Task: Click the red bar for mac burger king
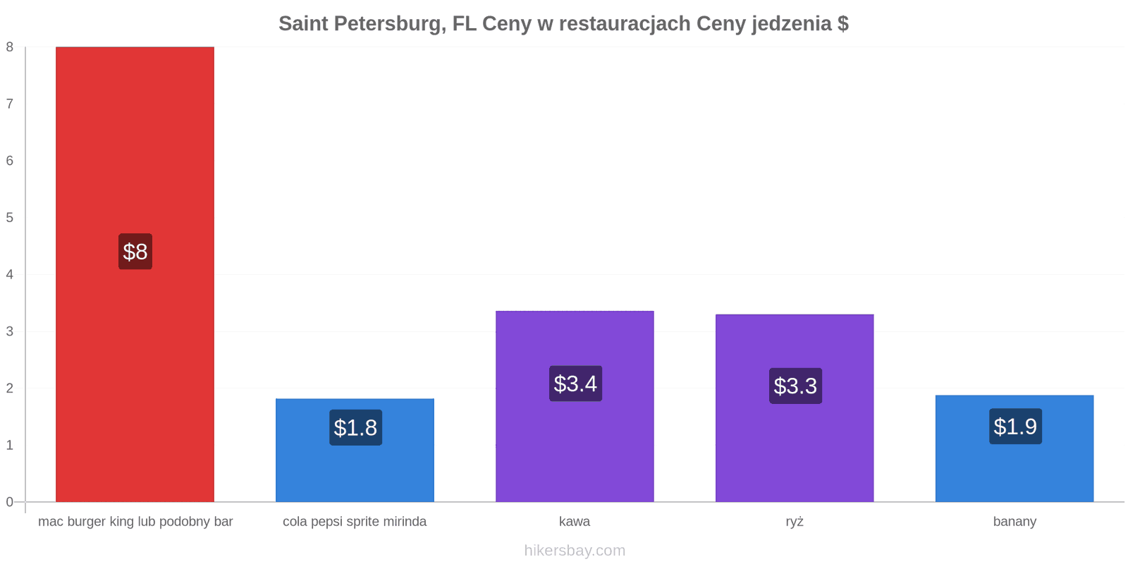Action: coord(135,274)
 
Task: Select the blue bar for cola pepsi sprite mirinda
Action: coord(355,450)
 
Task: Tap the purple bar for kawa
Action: coord(575,406)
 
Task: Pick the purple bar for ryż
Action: coord(795,408)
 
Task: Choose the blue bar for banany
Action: coord(1014,448)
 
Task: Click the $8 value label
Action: coord(135,251)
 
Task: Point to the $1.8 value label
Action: coord(355,427)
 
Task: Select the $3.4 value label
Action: coord(575,384)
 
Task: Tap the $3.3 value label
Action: coord(796,386)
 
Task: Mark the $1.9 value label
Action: coord(1015,427)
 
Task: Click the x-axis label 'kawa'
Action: coord(575,521)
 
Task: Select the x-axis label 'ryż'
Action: coord(795,522)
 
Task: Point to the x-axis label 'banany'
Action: coord(1014,522)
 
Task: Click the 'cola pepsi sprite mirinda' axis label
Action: coord(355,522)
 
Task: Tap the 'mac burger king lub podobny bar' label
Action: coord(135,522)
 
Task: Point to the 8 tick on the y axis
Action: coord(10,47)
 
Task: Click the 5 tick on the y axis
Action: coord(10,218)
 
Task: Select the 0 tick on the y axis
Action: coord(10,502)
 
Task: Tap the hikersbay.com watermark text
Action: coord(575,551)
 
